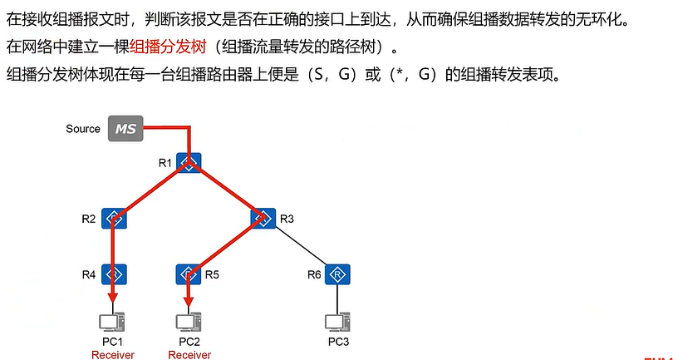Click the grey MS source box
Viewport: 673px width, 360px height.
coord(125,129)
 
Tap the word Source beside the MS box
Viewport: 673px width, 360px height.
coord(83,129)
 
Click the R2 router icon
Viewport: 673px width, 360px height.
coord(114,219)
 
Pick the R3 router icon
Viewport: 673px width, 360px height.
coord(263,219)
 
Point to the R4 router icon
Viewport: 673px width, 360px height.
coord(114,273)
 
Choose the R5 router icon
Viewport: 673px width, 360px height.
coord(189,273)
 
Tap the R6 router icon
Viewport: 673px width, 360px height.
coord(337,273)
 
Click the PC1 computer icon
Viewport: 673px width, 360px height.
coord(112,322)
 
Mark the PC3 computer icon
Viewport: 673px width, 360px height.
coord(336,322)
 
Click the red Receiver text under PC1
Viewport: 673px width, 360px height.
coord(112,354)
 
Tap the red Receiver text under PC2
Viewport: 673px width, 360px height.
coord(189,354)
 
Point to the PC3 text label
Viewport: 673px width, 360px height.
coord(336,342)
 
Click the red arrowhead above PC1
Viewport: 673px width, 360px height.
coord(112,301)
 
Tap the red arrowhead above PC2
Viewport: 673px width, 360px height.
coord(189,301)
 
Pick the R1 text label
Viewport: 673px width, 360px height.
coord(165,162)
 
